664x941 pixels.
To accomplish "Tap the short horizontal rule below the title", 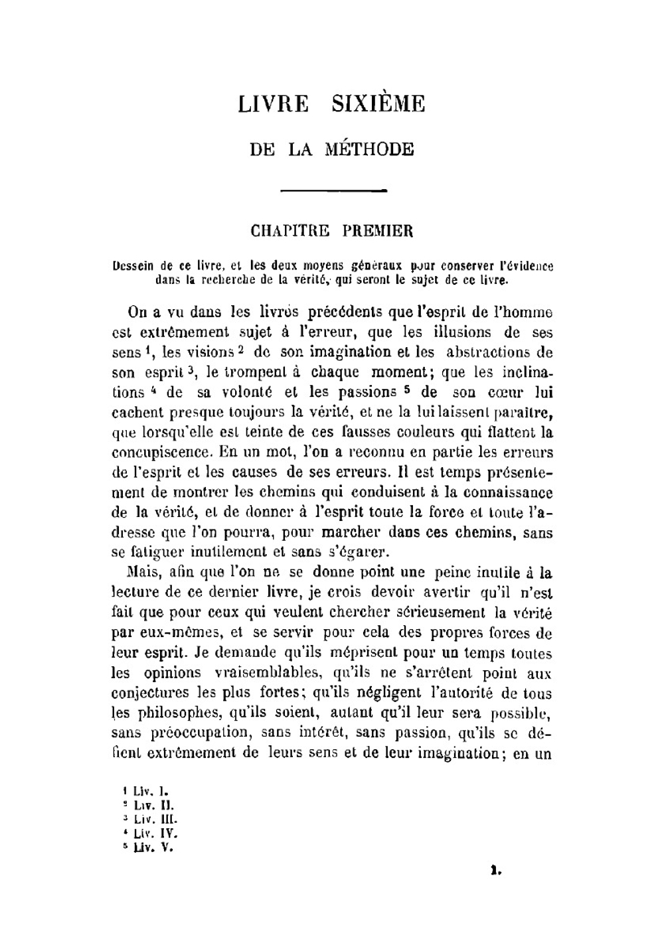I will pyautogui.click(x=334, y=191).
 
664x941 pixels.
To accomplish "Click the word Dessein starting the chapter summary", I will pyautogui.click(x=135, y=267).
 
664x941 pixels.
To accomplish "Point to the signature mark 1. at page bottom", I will pyautogui.click(x=494, y=870).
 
